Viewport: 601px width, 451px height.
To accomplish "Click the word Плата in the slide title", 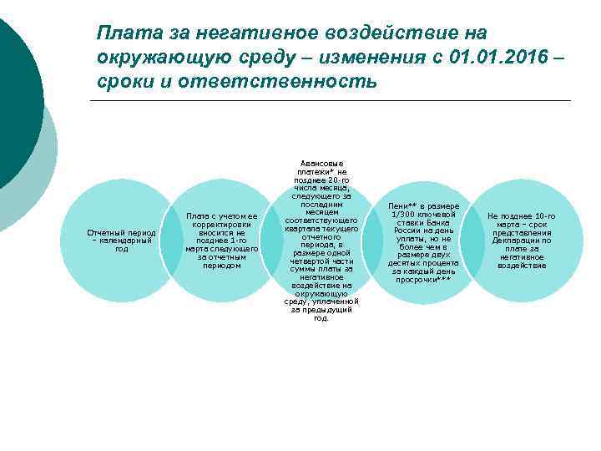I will click(x=122, y=33).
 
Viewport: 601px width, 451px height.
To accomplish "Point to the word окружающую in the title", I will click(x=162, y=58).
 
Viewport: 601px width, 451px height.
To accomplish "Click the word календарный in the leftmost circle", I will click(x=127, y=241).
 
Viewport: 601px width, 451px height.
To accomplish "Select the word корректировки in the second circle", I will click(x=221, y=225).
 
